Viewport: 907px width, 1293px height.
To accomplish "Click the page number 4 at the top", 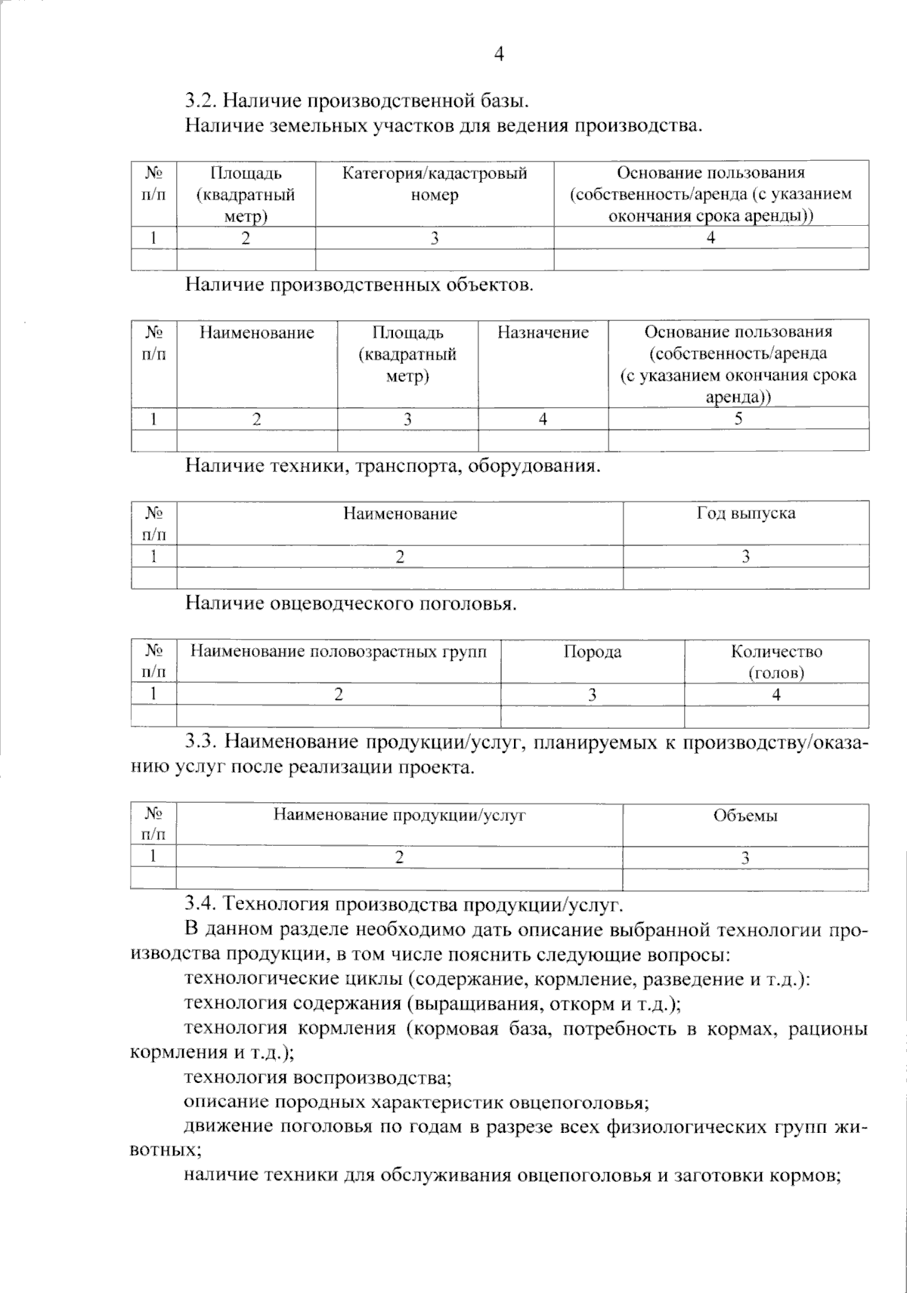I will point(499,54).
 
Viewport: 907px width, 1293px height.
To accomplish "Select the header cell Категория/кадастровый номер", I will point(435,184).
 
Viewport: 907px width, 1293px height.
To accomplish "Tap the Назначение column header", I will point(543,332).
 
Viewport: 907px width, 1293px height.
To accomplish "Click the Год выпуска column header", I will point(745,514).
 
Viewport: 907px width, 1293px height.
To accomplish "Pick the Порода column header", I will point(592,652).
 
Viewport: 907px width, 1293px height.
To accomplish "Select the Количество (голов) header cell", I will point(776,662).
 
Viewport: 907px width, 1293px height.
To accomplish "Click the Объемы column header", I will point(745,816).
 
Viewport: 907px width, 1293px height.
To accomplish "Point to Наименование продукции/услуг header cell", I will point(399,815).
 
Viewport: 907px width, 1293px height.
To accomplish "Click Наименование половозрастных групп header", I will point(339,651).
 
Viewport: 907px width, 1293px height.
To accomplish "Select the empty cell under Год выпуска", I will point(745,579).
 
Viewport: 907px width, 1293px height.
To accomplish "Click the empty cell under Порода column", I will point(592,716).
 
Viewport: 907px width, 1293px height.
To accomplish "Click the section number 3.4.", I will point(202,904).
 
